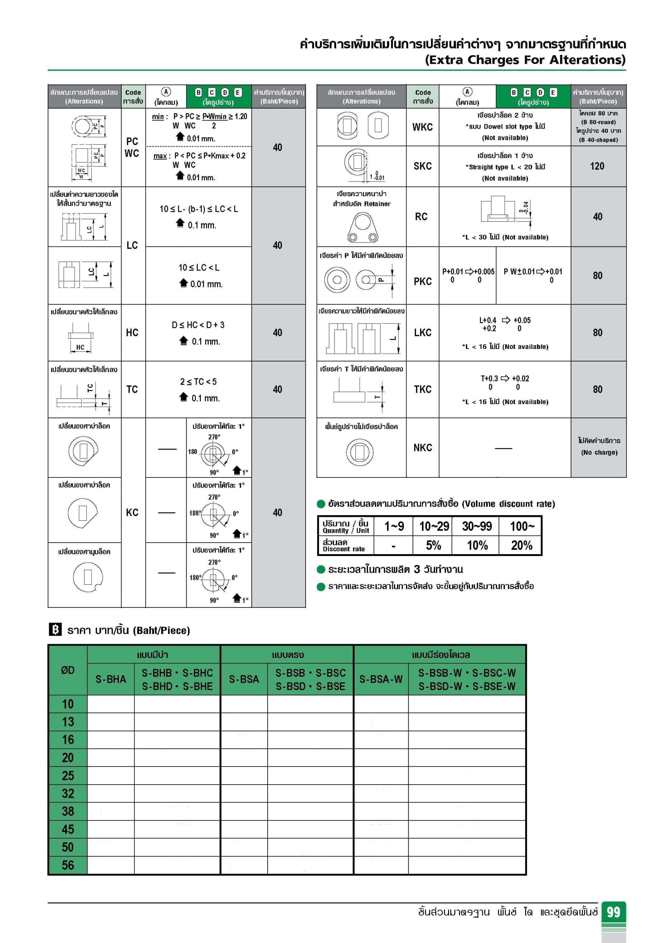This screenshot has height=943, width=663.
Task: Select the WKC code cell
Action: [422, 127]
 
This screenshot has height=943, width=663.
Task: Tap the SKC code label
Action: [422, 166]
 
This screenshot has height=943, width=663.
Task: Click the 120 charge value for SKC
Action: [597, 166]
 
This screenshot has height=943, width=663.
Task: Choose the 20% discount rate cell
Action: [521, 545]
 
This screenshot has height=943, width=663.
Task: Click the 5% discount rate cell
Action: [433, 545]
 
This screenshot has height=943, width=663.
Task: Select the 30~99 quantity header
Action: [477, 526]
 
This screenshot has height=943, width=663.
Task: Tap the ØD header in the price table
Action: [68, 670]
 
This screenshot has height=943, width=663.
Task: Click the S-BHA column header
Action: [111, 679]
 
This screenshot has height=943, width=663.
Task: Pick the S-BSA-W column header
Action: [381, 679]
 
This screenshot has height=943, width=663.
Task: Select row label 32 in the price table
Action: [68, 793]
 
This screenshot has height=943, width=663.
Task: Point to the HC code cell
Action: [132, 332]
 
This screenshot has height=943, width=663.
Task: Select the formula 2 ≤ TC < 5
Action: [198, 382]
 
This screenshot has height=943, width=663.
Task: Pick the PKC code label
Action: [422, 281]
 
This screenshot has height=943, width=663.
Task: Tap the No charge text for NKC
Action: [599, 452]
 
